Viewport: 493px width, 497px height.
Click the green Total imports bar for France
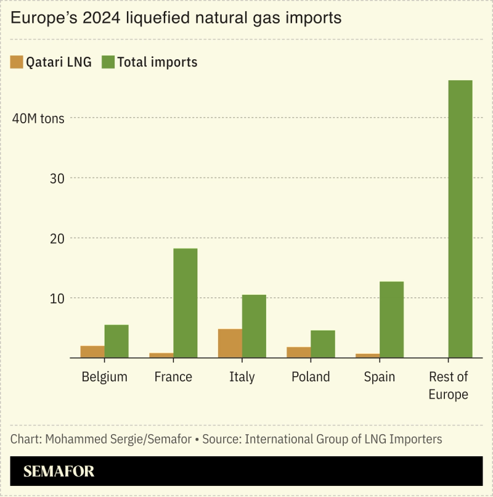coord(185,303)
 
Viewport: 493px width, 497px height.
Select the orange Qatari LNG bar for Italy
coord(230,343)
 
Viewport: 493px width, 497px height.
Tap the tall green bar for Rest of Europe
coord(460,219)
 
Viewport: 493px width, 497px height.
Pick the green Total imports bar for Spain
coord(391,319)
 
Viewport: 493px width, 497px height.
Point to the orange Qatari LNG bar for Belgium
coord(92,351)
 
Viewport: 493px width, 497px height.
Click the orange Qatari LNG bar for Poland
coord(299,352)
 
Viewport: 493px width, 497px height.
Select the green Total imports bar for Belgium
coord(116,341)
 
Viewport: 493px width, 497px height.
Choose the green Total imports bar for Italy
coord(254,326)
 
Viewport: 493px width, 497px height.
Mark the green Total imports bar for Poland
coord(323,344)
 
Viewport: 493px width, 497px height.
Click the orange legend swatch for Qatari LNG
coord(17,62)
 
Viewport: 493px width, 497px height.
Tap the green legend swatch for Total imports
coord(108,62)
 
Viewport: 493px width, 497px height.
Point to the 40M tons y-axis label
coord(38,118)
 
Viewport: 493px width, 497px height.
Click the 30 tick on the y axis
coord(56,178)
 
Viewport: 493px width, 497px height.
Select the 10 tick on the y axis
coord(56,298)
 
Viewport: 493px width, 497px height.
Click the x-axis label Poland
coord(311,377)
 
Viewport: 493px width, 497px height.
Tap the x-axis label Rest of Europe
coord(448,385)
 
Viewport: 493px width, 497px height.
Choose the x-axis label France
coord(173,377)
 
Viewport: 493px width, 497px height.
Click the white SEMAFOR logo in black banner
coord(59,472)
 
